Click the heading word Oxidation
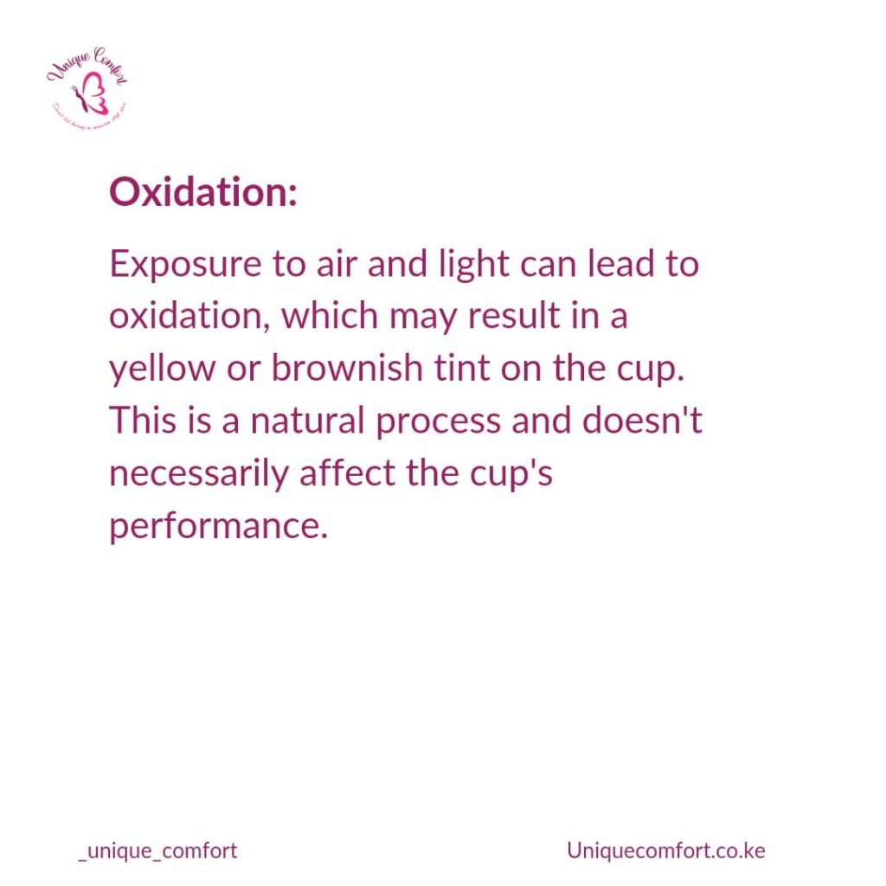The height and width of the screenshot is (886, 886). (202, 192)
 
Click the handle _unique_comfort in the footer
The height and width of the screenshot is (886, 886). (157, 851)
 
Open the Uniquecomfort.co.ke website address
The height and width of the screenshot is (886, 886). (666, 851)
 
